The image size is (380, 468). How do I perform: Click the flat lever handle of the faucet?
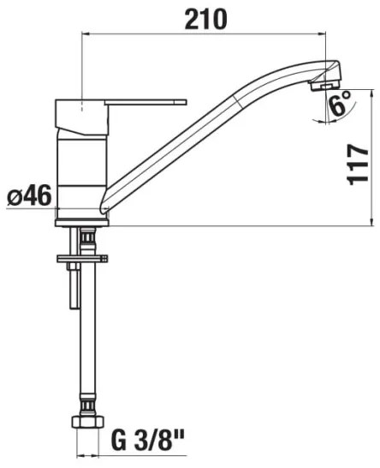[145, 102]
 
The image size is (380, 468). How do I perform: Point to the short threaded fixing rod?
[74, 286]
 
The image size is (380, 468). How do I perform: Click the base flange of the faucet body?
[81, 222]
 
